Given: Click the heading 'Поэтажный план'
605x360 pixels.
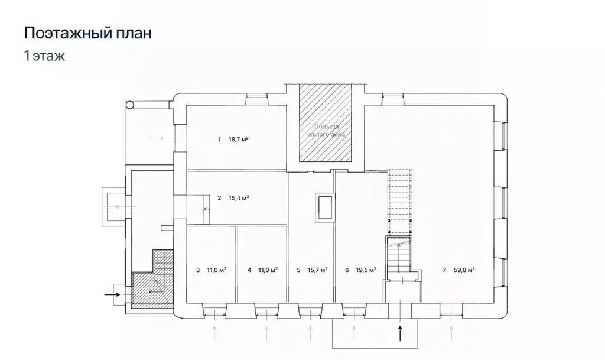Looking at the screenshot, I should (x=87, y=33).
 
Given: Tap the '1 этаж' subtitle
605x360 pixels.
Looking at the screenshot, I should (x=44, y=57).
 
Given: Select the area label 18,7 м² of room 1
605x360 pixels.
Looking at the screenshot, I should (x=238, y=140).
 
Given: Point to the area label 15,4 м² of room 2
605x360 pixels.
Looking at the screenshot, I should (x=238, y=198).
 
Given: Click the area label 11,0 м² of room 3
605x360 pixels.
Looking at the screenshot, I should (x=217, y=270).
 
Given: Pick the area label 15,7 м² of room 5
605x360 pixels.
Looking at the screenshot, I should (x=318, y=270).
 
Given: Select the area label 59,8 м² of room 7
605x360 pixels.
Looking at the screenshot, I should (x=465, y=270).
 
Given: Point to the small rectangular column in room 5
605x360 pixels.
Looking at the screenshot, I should (x=324, y=207).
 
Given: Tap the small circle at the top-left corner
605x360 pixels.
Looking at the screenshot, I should (x=130, y=105).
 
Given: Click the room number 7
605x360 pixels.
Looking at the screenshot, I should (x=444, y=270).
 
